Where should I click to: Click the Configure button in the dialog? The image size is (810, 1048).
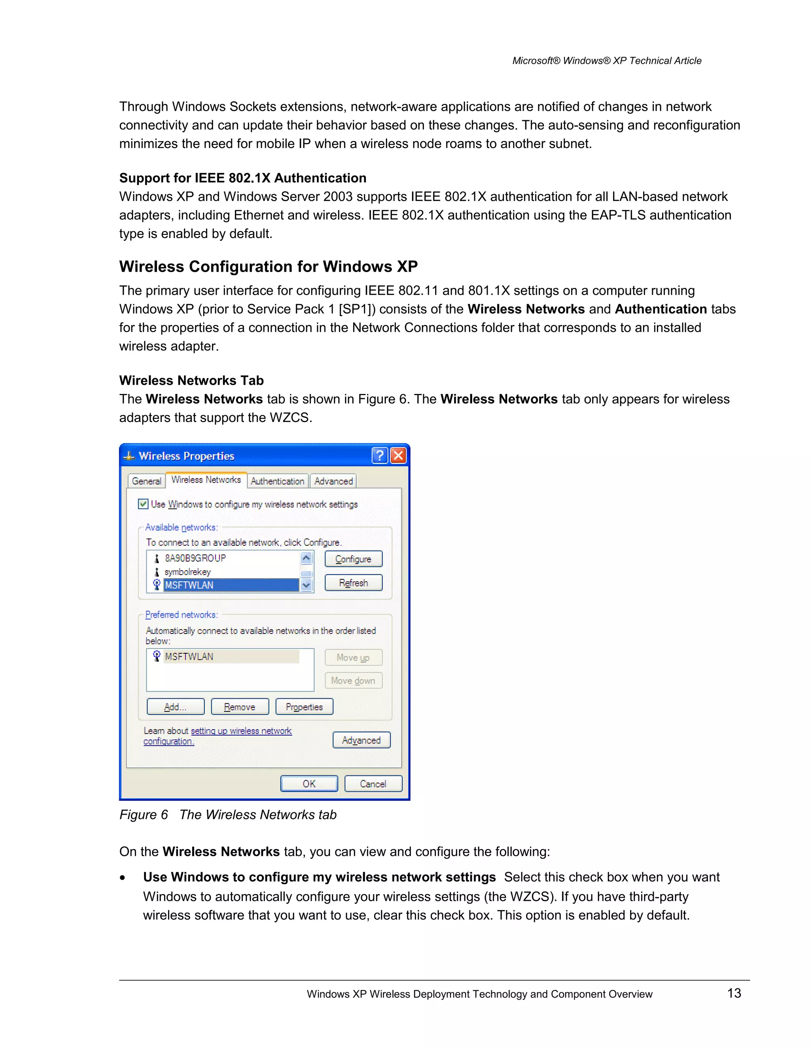[353, 559]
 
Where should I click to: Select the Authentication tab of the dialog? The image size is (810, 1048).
[277, 481]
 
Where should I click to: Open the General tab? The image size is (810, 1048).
[146, 481]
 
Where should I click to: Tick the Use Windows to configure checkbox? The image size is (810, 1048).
[143, 504]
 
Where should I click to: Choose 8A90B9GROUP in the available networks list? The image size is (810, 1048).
[195, 558]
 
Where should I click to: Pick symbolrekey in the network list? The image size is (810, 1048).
[187, 572]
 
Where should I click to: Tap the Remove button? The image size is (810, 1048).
[239, 707]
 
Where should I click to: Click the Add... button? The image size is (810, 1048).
[175, 707]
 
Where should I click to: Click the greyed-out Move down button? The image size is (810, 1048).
[353, 681]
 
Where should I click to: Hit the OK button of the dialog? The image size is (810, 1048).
[309, 783]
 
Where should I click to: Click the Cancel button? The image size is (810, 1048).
[373, 783]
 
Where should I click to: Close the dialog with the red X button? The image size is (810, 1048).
[398, 455]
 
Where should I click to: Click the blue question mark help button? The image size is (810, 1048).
[380, 455]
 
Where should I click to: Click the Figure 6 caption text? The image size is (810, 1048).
[228, 815]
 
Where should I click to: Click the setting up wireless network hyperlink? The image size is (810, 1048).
[241, 731]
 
